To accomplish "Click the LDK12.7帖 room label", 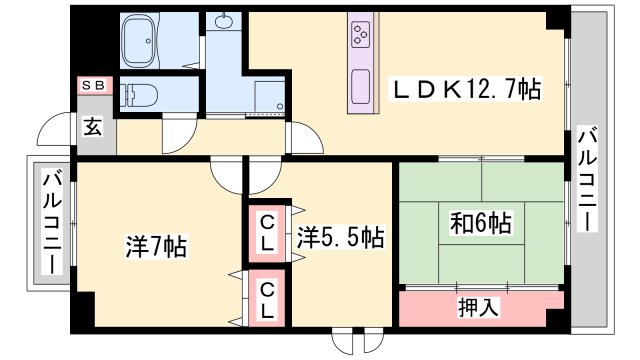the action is pyautogui.click(x=465, y=90).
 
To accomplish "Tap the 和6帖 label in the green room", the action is pyautogui.click(x=480, y=222).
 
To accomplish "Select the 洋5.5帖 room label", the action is pyautogui.click(x=340, y=237).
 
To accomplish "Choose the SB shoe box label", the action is pyautogui.click(x=95, y=87).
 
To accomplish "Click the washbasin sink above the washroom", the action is pyautogui.click(x=222, y=23).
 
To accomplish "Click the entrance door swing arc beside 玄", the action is pyautogui.click(x=55, y=131).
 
